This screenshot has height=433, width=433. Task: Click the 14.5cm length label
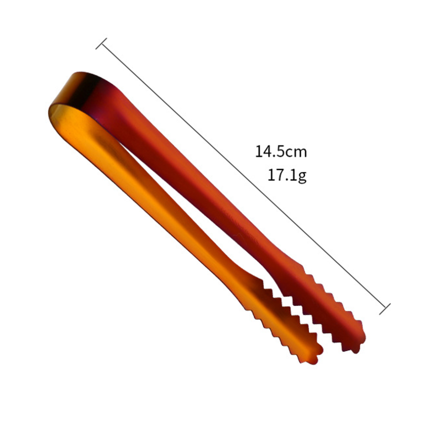tap(281, 152)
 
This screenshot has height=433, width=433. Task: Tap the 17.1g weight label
tap(287, 175)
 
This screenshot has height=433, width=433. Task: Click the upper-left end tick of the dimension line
tap(101, 44)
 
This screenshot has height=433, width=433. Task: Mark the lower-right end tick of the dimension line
tap(385, 309)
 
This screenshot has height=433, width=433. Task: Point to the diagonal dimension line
tap(243, 176)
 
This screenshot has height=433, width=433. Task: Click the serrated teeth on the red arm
tap(328, 307)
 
